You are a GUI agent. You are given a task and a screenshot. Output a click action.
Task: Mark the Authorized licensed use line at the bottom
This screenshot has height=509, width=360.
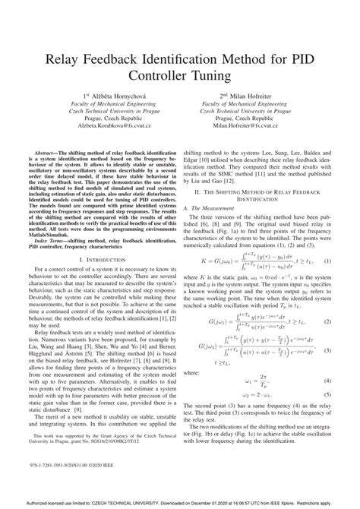(180, 503)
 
